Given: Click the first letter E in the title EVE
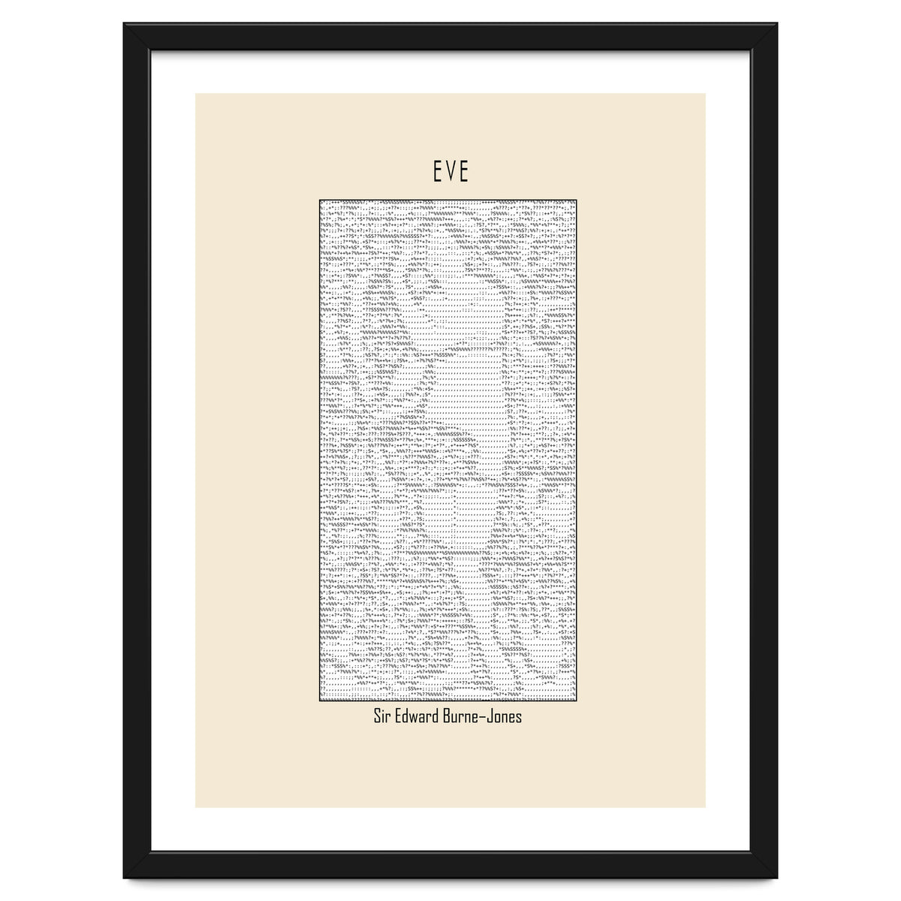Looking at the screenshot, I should point(437,173).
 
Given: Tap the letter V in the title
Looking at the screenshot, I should point(450,173).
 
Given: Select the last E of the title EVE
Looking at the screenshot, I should point(463,173).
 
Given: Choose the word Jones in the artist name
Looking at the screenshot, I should point(508,716).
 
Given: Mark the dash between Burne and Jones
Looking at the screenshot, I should point(488,718).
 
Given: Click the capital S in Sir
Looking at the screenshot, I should point(377,716).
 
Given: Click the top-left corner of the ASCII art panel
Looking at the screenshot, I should point(320,200).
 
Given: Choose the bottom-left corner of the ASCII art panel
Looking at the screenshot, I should point(320,702).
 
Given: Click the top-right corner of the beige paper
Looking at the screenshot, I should point(705,94).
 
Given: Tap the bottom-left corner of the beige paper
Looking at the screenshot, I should point(196,807).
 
